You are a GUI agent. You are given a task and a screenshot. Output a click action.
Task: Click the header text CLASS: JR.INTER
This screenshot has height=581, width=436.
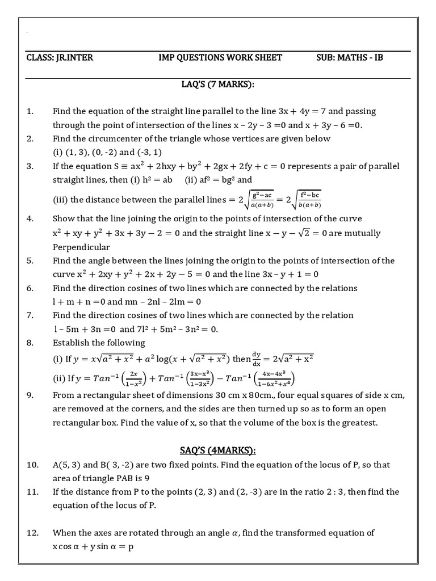(60, 58)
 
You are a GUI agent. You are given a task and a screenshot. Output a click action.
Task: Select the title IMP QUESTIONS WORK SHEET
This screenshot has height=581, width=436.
(220, 58)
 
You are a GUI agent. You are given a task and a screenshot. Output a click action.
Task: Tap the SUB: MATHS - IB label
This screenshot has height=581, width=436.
(350, 58)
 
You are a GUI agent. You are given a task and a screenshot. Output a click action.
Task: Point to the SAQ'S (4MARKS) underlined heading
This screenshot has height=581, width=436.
(218, 451)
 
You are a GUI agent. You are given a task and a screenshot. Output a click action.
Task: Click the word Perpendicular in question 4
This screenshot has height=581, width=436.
(81, 247)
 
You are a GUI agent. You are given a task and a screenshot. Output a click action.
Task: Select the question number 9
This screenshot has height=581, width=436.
(30, 395)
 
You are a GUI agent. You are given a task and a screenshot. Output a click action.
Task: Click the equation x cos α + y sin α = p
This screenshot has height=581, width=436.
(94, 547)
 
